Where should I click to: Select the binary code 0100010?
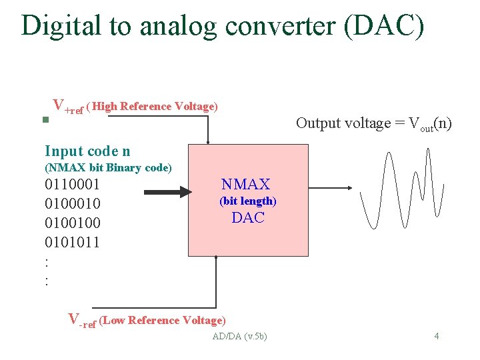click(x=72, y=203)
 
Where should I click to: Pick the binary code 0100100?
click(x=72, y=223)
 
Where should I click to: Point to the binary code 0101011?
click(x=72, y=242)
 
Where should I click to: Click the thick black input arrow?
click(x=167, y=193)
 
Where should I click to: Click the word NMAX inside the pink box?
click(x=245, y=184)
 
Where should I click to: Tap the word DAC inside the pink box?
click(x=248, y=217)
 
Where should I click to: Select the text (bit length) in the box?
click(x=247, y=201)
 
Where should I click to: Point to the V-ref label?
click(x=83, y=320)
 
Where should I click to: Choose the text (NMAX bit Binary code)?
click(x=108, y=167)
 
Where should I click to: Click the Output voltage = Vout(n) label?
click(x=373, y=123)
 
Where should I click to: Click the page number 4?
click(x=436, y=335)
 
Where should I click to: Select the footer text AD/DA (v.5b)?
click(x=239, y=336)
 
